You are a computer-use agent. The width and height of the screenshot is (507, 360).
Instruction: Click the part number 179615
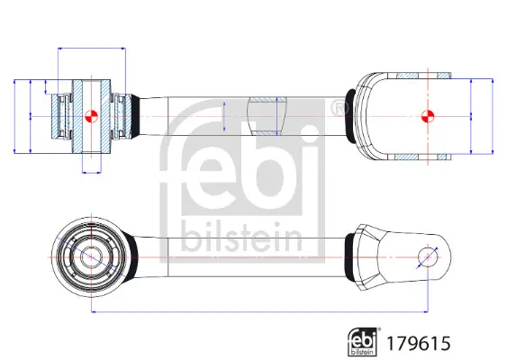(419, 343)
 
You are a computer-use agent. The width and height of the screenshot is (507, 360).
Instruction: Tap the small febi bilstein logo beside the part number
(363, 342)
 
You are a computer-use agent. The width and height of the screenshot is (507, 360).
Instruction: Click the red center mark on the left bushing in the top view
(91, 116)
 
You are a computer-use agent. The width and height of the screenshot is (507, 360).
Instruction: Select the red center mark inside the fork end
(428, 116)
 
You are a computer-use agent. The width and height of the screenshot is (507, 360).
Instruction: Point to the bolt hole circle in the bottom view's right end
(428, 257)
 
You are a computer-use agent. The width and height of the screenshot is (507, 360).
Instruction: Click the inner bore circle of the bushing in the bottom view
(91, 257)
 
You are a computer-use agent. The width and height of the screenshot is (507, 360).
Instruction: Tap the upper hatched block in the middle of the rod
(267, 100)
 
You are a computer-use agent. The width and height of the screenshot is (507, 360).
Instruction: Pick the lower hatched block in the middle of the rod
(267, 133)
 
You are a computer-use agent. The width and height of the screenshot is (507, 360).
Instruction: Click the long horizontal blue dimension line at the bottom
(259, 311)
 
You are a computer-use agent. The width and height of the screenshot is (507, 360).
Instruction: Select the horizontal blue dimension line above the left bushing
(92, 49)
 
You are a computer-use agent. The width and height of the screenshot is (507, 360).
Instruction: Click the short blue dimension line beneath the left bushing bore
(92, 173)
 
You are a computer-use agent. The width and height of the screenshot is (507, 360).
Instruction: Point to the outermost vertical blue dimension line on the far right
(493, 116)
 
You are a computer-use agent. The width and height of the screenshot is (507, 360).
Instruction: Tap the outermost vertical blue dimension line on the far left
(14, 116)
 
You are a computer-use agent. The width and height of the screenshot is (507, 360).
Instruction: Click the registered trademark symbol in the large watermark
(339, 108)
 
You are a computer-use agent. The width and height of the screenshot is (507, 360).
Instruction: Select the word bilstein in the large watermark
(241, 237)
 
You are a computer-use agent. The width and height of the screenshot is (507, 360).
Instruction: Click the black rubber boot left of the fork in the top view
(350, 115)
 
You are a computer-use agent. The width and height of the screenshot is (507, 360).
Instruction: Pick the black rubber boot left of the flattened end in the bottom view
(349, 257)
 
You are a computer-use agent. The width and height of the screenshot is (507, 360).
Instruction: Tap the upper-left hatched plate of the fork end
(407, 76)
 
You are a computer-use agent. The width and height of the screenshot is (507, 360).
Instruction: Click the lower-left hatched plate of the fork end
(406, 157)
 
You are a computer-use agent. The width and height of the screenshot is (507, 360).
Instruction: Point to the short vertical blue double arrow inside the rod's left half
(224, 116)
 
